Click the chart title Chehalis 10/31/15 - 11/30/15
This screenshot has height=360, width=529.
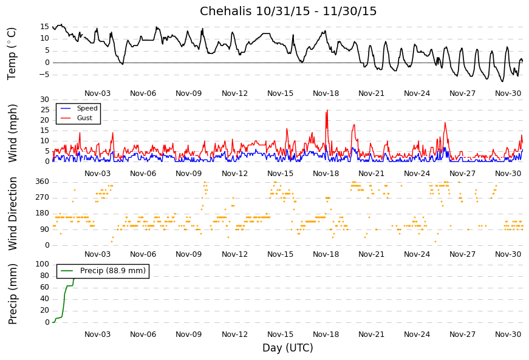pyautogui.click(x=288, y=12)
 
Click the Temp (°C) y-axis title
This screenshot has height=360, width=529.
pyautogui.click(x=12, y=53)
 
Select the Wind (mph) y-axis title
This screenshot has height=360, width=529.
pyautogui.click(x=13, y=132)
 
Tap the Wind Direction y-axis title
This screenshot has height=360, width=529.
pyautogui.click(x=13, y=214)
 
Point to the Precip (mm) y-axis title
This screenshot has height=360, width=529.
pyautogui.click(x=13, y=294)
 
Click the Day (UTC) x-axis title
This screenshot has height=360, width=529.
pyautogui.click(x=287, y=348)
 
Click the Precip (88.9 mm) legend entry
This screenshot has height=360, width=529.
pyautogui.click(x=112, y=271)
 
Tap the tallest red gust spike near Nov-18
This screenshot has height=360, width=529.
pyautogui.click(x=327, y=111)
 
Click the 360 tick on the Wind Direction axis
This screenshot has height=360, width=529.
pyautogui.click(x=42, y=182)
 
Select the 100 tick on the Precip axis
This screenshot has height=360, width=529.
pyautogui.click(x=42, y=264)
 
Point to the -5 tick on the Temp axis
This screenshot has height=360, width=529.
pyautogui.click(x=44, y=75)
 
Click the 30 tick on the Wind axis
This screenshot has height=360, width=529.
pyautogui.click(x=44, y=100)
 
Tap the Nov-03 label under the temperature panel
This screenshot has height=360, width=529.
pyautogui.click(x=97, y=93)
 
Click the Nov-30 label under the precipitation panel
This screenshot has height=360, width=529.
pyautogui.click(x=508, y=334)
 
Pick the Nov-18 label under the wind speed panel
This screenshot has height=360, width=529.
pyautogui.click(x=326, y=173)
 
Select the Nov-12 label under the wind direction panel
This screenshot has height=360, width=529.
pyautogui.click(x=234, y=254)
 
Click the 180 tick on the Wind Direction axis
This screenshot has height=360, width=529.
pyautogui.click(x=42, y=213)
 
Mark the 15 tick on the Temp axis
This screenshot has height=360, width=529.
pyautogui.click(x=44, y=27)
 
